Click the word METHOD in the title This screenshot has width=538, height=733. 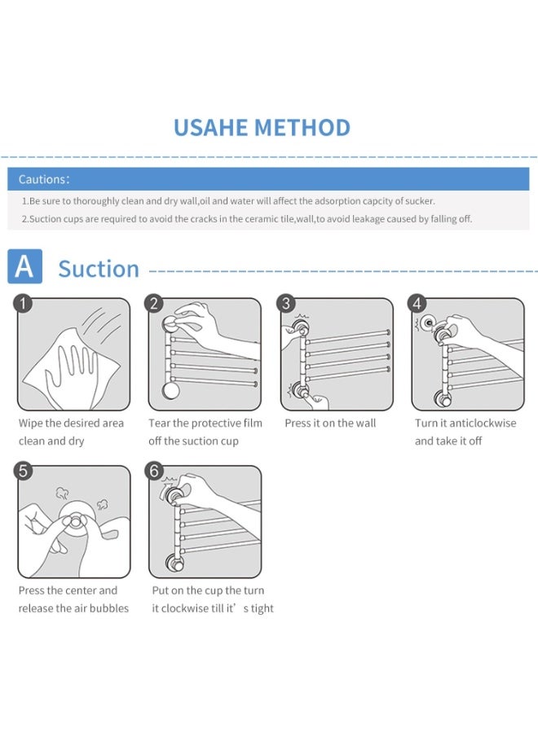(302, 128)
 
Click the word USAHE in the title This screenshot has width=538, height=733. (211, 128)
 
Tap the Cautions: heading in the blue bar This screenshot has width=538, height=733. (44, 179)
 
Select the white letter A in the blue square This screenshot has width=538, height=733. (24, 266)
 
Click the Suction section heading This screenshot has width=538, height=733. (99, 269)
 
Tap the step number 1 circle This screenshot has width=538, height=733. (23, 304)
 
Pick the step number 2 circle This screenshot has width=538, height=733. (154, 304)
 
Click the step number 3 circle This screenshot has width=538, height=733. (286, 304)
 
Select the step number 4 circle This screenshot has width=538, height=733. (417, 304)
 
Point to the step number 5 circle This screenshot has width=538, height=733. (23, 471)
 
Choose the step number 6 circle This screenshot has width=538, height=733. (154, 471)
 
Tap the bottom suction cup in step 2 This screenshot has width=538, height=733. (170, 390)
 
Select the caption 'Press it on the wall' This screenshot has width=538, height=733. (330, 423)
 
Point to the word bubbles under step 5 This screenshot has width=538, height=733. (109, 608)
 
